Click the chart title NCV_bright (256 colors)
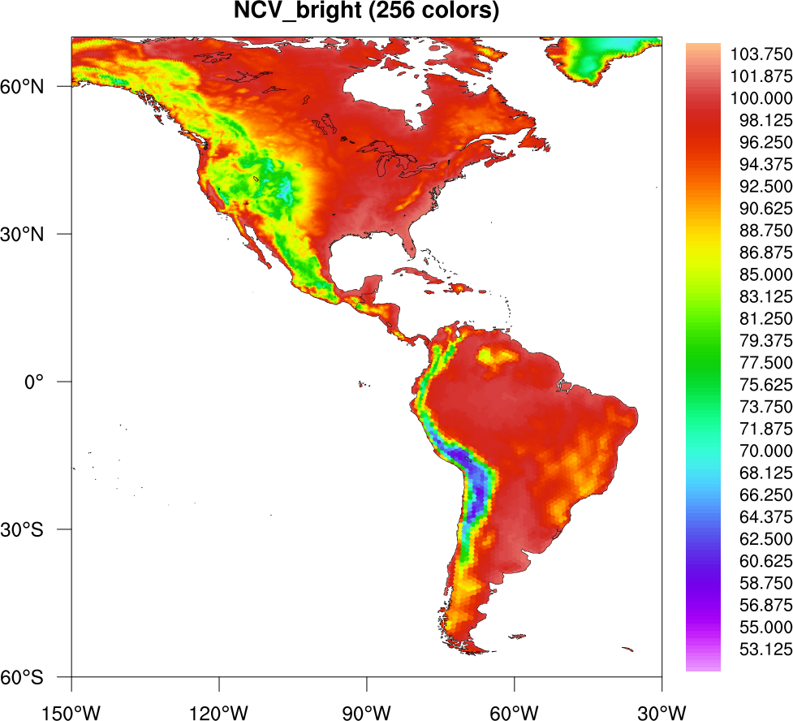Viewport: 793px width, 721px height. coord(366,13)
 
